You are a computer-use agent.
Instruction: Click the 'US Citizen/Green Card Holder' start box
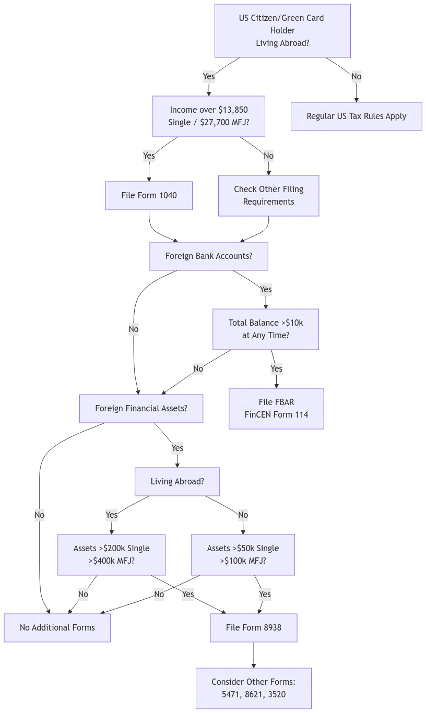pyautogui.click(x=282, y=31)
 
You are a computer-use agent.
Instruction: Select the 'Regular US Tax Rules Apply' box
pyautogui.click(x=356, y=116)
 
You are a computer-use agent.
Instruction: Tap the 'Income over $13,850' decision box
pyautogui.click(x=209, y=116)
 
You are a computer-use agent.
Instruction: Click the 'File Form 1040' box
pyautogui.click(x=149, y=196)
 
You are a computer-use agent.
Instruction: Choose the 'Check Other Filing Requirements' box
pyautogui.click(x=268, y=196)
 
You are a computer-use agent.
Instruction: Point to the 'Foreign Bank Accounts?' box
pyautogui.click(x=208, y=256)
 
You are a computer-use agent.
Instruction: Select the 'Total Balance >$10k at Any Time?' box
pyautogui.click(x=265, y=329)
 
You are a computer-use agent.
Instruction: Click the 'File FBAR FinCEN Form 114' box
pyautogui.click(x=276, y=409)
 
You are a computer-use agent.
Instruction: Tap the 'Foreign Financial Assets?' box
pyautogui.click(x=141, y=409)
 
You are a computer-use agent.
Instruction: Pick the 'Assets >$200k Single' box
pyautogui.click(x=111, y=555)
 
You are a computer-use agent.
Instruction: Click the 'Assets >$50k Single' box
pyautogui.click(x=243, y=555)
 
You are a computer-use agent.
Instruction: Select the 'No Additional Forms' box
pyautogui.click(x=57, y=628)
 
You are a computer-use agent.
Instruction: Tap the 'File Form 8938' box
pyautogui.click(x=253, y=628)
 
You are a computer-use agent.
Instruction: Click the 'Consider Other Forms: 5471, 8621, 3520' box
pyautogui.click(x=253, y=688)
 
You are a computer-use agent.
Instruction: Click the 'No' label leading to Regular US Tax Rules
pyautogui.click(x=357, y=77)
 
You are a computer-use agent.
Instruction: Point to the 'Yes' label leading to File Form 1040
pyautogui.click(x=149, y=156)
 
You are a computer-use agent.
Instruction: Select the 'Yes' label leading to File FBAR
pyautogui.click(x=276, y=369)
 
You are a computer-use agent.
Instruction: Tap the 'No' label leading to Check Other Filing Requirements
pyautogui.click(x=268, y=156)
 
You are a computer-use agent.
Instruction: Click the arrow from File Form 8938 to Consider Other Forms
pyautogui.click(x=254, y=655)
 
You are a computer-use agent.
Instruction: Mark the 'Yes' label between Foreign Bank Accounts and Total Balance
pyautogui.click(x=265, y=289)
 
